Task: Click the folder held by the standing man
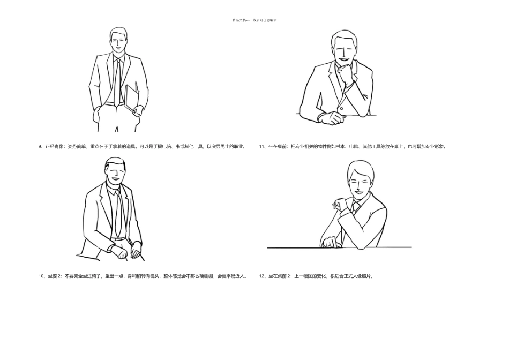point(131,98)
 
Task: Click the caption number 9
point(40,146)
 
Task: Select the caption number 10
point(41,276)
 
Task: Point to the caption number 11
point(261,146)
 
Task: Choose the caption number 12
point(261,276)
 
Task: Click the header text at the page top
point(254,20)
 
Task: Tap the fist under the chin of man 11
point(346,73)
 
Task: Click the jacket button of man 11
point(341,108)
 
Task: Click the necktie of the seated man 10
point(119,214)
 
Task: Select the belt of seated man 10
point(118,239)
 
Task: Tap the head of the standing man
point(118,40)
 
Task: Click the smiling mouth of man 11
point(343,60)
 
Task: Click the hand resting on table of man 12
point(330,243)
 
